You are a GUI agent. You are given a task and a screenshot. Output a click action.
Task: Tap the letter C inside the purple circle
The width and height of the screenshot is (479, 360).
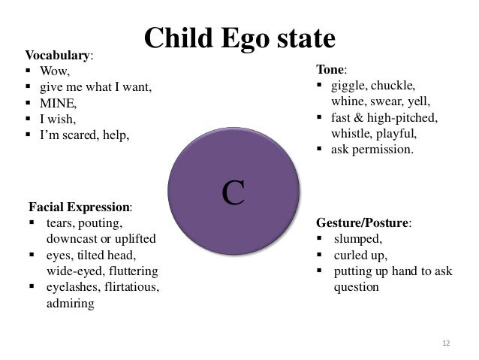(233, 192)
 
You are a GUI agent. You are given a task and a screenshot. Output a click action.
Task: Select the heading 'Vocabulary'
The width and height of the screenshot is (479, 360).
(59, 56)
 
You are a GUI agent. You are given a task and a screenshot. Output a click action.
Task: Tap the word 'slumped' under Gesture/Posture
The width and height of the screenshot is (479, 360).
(357, 240)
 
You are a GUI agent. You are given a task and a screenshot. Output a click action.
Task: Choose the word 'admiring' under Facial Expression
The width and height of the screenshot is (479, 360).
(70, 304)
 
